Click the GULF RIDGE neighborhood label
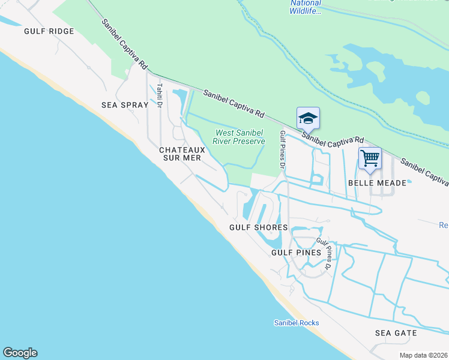click(x=49, y=31)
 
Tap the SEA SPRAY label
click(x=125, y=105)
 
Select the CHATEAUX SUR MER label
click(x=180, y=154)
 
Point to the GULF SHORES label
click(x=259, y=227)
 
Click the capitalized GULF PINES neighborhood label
click(x=297, y=253)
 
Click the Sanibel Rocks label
click(x=297, y=323)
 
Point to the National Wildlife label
click(x=306, y=7)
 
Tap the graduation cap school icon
click(x=308, y=118)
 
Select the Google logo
click(x=20, y=353)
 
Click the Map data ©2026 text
click(x=423, y=355)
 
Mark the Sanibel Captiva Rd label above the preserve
click(x=234, y=103)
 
